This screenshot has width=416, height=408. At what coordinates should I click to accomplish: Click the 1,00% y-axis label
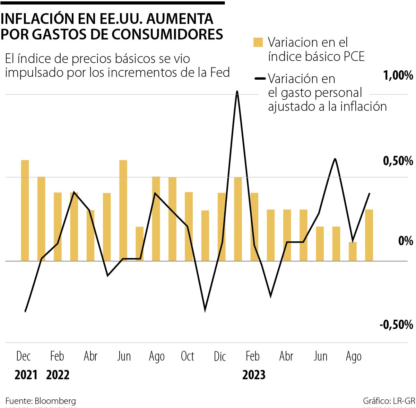pyautogui.click(x=398, y=76)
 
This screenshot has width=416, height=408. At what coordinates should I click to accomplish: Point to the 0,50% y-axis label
pyautogui.click(x=398, y=161)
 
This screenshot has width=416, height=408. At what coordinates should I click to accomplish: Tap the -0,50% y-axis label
pyautogui.click(x=396, y=325)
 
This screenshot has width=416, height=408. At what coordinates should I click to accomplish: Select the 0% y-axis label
pyautogui.click(x=406, y=241)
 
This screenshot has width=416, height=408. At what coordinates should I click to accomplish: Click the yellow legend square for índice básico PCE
pyautogui.click(x=258, y=42)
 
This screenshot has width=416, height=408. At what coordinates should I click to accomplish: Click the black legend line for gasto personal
pyautogui.click(x=260, y=79)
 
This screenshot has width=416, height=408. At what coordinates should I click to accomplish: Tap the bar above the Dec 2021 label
pyautogui.click(x=25, y=210)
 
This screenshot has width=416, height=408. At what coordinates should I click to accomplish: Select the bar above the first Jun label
pyautogui.click(x=123, y=210)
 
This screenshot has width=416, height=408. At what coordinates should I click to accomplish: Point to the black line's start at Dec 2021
pyautogui.click(x=25, y=311)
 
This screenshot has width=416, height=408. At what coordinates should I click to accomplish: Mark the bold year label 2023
pyautogui.click(x=254, y=375)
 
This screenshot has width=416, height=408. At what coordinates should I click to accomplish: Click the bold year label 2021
pyautogui.click(x=26, y=375)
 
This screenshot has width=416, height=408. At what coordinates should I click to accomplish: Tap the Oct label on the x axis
pyautogui.click(x=188, y=356)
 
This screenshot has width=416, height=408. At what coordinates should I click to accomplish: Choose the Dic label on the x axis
pyautogui.click(x=220, y=356)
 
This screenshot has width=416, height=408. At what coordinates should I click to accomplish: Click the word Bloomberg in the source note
pyautogui.click(x=55, y=401)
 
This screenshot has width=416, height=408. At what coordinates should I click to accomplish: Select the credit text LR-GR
pyautogui.click(x=404, y=401)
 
